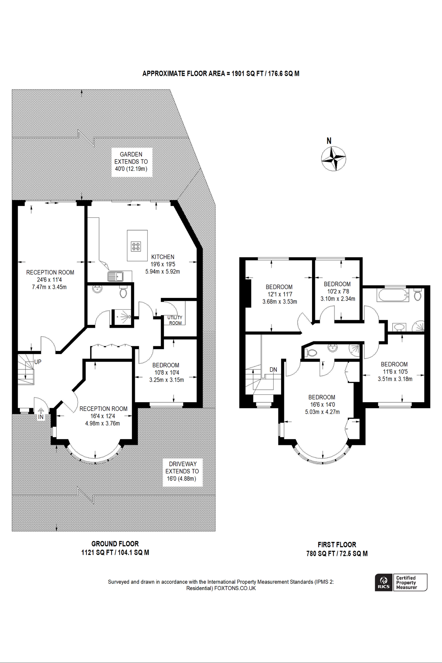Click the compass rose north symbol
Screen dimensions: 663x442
coord(333,158)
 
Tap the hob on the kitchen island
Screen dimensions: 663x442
coord(136,246)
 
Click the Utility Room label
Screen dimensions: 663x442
coord(175,320)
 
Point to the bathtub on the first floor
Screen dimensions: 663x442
coord(393,295)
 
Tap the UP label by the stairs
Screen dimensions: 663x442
coord(38,362)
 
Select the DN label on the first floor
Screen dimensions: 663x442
coord(273,369)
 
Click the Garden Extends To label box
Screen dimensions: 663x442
coord(131,162)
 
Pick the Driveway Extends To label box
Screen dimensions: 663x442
coord(182,471)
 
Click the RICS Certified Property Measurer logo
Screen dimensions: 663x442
coord(401,582)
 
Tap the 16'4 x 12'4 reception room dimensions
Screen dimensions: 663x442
coord(103,416)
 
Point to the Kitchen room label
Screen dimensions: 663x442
coord(162,257)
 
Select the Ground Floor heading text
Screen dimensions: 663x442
coord(115,544)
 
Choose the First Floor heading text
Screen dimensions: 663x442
coord(337,544)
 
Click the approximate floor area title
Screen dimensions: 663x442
coord(221,73)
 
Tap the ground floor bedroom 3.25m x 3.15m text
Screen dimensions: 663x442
coord(166,380)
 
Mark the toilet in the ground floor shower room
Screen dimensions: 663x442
coord(123,292)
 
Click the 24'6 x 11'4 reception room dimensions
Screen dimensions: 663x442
coord(49,280)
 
